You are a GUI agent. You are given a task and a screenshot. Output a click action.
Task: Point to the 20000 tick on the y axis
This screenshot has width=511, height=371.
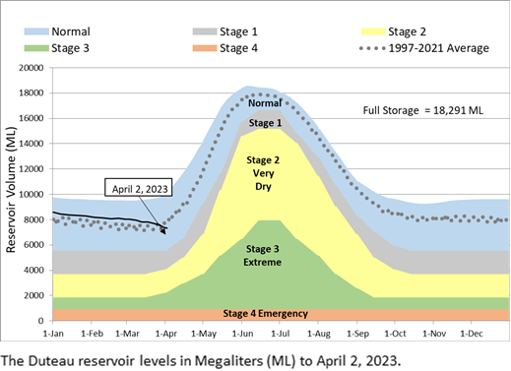click(32, 68)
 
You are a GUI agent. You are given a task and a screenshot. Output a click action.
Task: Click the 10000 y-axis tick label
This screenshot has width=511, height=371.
click(32, 194)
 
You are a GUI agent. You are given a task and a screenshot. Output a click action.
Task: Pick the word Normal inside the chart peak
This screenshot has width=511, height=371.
click(264, 102)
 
